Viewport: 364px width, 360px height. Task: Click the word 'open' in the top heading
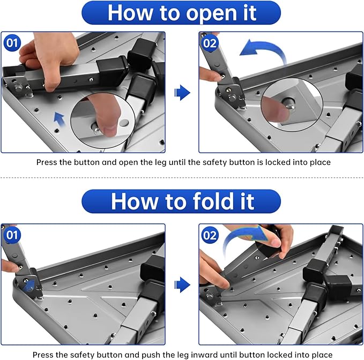pos(212,13)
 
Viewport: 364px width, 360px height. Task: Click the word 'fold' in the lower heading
pos(213,201)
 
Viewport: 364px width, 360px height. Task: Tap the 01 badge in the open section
pos(12,43)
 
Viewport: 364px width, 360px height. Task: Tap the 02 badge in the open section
pos(210,43)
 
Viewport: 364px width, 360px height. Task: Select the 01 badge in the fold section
pos(12,235)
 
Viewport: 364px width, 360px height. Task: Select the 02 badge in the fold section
pos(210,235)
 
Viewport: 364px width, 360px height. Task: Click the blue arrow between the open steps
pos(182,93)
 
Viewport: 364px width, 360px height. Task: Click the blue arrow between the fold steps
pos(182,285)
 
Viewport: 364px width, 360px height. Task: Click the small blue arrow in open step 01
pos(60,119)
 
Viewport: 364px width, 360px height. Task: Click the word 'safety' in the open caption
pos(215,162)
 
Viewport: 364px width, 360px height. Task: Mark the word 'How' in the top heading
pos(130,13)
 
